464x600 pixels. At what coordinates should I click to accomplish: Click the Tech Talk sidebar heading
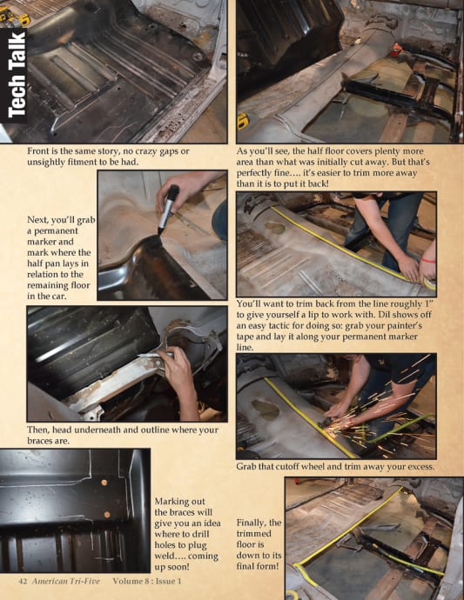[16, 75]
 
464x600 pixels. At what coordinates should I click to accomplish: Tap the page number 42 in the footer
[23, 581]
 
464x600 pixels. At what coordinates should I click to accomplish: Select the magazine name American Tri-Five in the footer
[65, 581]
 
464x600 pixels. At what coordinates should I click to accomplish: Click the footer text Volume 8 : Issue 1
[147, 581]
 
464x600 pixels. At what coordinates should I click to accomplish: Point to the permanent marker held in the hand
[168, 210]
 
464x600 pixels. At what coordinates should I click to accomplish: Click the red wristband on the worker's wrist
[428, 261]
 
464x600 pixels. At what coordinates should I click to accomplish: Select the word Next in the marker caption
[37, 220]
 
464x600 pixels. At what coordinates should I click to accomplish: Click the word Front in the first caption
[38, 150]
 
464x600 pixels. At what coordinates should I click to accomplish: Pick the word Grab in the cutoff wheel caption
[245, 466]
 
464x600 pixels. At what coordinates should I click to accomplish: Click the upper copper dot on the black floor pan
[104, 483]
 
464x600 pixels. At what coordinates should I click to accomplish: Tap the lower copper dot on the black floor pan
[107, 515]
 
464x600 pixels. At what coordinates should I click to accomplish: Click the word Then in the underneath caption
[37, 430]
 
